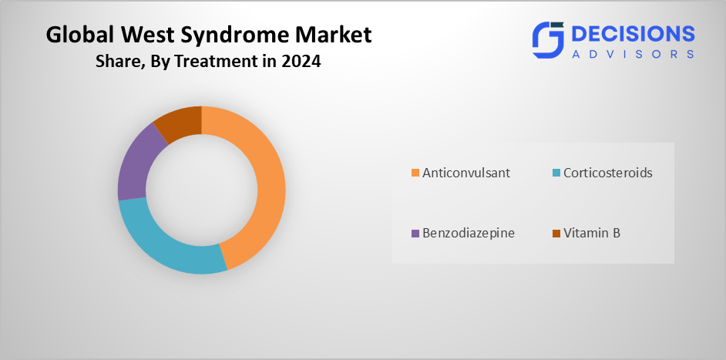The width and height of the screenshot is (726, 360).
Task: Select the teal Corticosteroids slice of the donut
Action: click(x=166, y=246)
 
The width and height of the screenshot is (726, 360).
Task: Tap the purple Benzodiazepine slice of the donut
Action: click(x=134, y=162)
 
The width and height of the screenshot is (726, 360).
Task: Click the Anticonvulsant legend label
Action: click(x=466, y=173)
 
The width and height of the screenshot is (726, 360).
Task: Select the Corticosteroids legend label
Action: click(x=608, y=173)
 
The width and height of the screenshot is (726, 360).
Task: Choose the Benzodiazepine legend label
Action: click(x=468, y=233)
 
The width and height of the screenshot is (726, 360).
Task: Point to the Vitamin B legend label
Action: click(x=592, y=233)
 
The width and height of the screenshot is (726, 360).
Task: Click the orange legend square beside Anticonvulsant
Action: click(x=415, y=173)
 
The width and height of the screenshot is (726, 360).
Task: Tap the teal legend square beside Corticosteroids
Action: click(x=556, y=173)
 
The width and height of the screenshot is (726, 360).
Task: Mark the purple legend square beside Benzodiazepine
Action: click(x=415, y=233)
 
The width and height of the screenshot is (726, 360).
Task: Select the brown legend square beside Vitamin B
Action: click(x=556, y=233)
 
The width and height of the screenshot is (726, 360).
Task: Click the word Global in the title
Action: click(x=76, y=35)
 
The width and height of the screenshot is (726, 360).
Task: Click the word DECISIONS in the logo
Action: click(x=633, y=34)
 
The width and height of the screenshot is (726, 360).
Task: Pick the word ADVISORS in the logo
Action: click(x=633, y=54)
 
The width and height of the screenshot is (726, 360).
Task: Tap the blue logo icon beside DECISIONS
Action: click(x=548, y=40)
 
